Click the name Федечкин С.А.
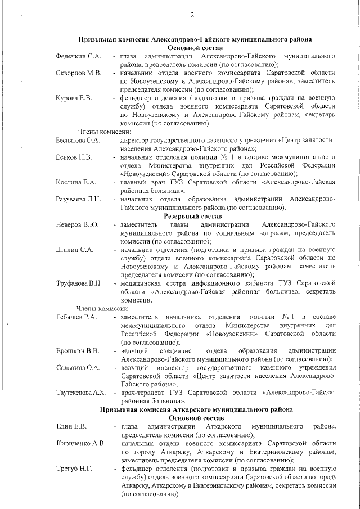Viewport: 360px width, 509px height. [x=78, y=57]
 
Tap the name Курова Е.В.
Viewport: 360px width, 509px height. [x=74, y=98]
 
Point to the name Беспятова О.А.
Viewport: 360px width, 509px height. [x=78, y=140]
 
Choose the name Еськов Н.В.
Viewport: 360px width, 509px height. [x=74, y=156]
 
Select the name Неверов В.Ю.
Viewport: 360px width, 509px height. [x=77, y=225]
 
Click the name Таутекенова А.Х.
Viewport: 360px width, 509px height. [x=82, y=393]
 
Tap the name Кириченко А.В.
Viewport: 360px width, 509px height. [x=81, y=443]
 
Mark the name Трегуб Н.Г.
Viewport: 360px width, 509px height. [x=74, y=469]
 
